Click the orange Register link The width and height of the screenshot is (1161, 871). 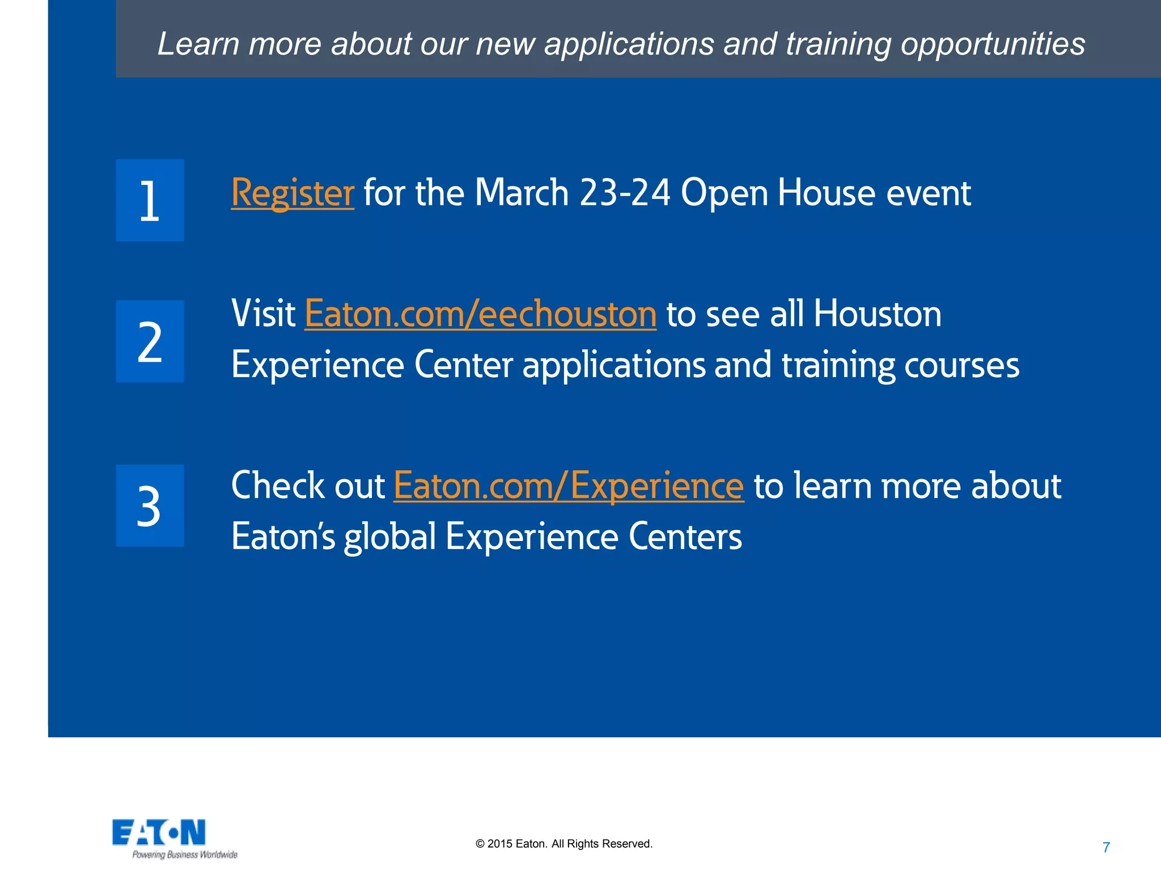point(293,193)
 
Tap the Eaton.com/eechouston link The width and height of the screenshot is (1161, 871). point(480,314)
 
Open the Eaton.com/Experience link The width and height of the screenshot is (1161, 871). point(569,485)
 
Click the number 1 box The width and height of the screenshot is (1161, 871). point(150,200)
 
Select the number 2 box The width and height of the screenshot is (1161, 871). point(150,341)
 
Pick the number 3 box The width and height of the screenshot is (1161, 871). point(150,506)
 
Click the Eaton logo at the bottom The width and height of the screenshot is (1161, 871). point(159,832)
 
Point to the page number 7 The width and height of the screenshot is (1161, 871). point(1106,847)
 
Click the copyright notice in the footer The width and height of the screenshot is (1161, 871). point(564,844)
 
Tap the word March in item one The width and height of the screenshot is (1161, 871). point(522,193)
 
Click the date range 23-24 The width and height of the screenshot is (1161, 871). point(625,193)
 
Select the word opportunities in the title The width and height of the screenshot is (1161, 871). point(993,44)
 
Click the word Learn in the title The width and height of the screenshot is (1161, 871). point(198,44)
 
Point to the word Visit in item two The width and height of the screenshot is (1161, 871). point(263,314)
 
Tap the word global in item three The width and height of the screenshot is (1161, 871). point(390,536)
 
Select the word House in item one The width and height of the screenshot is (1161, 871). point(827,193)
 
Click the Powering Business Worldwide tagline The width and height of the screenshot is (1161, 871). point(185,855)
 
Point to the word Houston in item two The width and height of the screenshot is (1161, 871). point(877,314)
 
